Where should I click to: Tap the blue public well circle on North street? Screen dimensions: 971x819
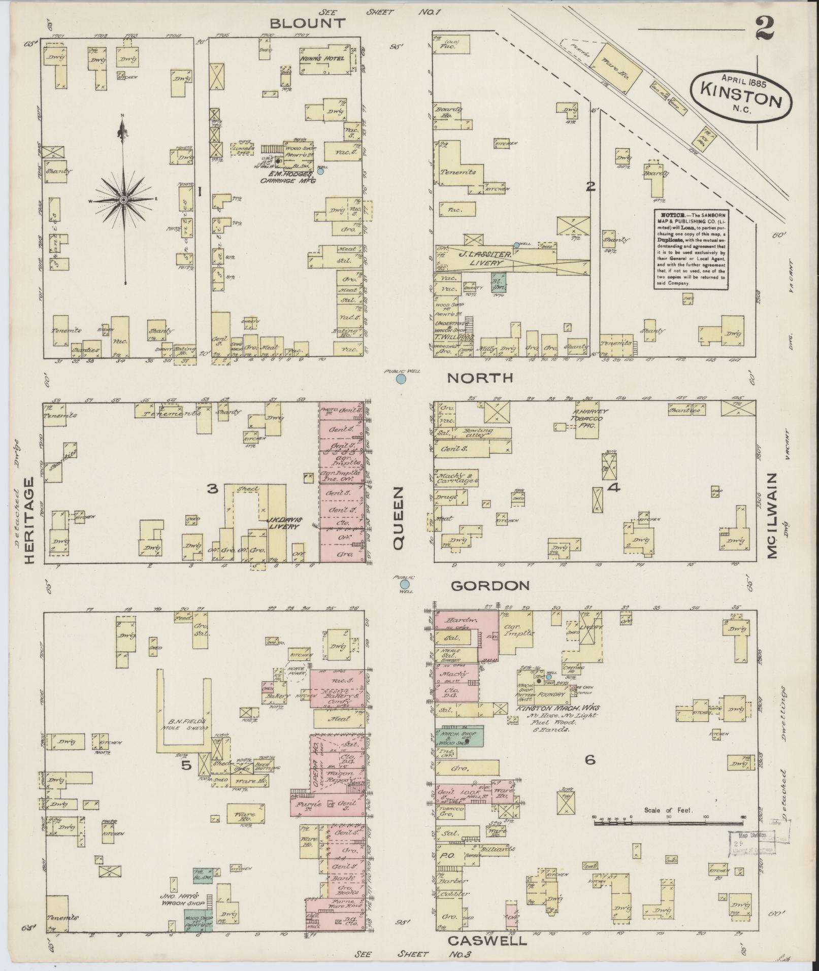tap(401, 379)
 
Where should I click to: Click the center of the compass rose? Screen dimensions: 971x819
tap(122, 201)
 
